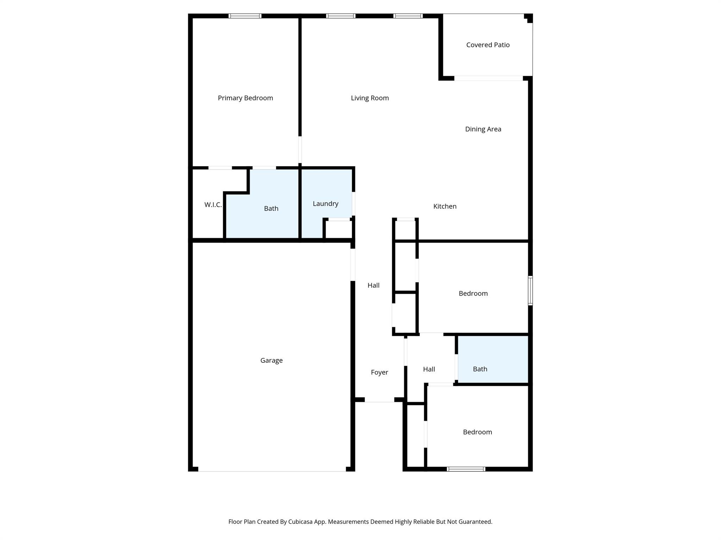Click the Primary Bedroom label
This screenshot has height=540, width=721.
(245, 98)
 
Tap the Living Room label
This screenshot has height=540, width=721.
(370, 98)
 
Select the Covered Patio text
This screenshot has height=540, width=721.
(488, 45)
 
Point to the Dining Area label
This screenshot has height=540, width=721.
(483, 129)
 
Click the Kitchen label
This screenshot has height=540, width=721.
(445, 206)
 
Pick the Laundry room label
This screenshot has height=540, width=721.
(325, 204)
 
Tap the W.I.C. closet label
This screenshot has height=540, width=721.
(213, 205)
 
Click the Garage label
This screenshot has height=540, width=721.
(271, 360)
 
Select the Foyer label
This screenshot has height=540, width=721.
(379, 372)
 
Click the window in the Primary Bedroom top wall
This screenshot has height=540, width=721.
(245, 16)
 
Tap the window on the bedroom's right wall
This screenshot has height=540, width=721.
(530, 290)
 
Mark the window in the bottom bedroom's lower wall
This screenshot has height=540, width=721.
(466, 469)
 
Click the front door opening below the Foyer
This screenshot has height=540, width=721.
(379, 400)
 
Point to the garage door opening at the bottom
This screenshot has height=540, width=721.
(272, 470)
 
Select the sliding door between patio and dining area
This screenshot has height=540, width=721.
(488, 78)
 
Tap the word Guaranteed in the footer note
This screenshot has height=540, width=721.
(474, 522)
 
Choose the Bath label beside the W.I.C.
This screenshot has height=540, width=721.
(271, 208)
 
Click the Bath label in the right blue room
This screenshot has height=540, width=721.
(480, 369)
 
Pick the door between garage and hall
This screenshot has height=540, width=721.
(352, 265)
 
